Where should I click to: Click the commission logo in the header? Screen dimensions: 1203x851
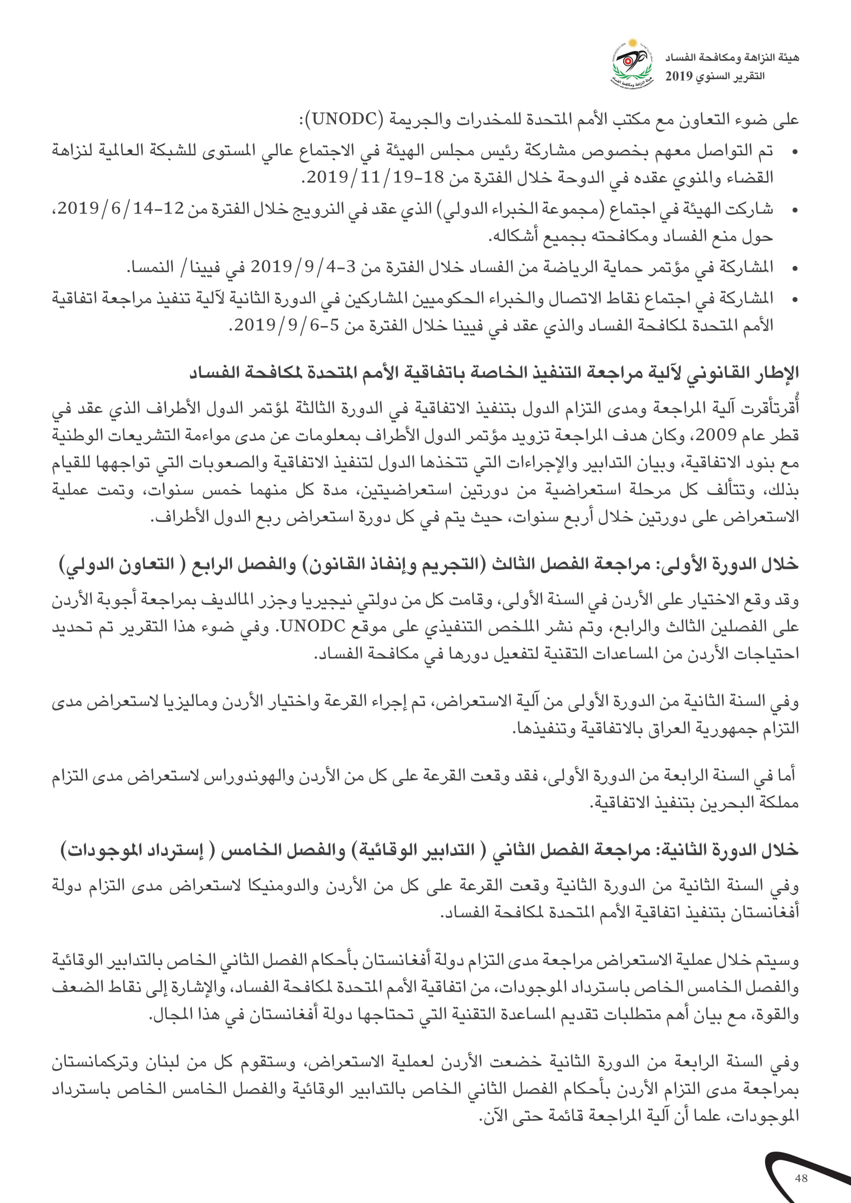(632, 64)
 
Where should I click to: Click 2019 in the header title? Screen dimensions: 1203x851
(679, 77)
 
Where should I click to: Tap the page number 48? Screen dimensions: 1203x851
(801, 1178)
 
